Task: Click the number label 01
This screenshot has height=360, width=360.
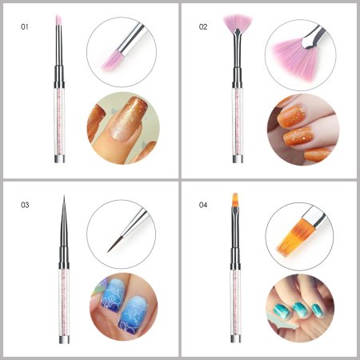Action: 25,26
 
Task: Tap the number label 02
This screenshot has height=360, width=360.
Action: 203,26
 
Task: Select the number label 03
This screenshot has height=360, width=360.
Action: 25,205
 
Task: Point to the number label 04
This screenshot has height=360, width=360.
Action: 203,205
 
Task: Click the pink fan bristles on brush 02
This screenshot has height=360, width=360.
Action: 238,22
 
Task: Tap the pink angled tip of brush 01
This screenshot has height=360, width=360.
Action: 58,20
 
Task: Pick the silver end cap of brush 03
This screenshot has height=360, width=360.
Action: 64,338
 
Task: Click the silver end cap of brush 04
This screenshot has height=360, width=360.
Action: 235,338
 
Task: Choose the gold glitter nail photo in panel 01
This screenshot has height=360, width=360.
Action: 123,128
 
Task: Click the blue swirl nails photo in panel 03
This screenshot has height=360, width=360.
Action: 123,306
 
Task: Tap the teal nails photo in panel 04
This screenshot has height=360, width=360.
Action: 300,308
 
